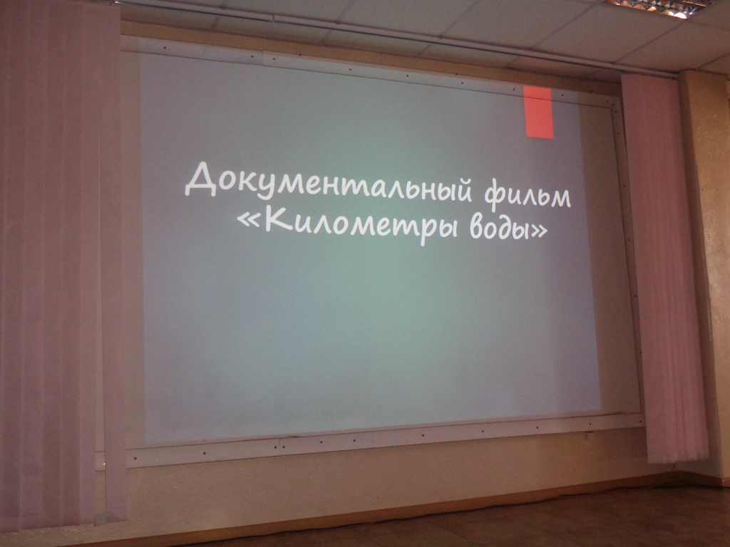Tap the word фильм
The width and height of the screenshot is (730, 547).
tap(528, 195)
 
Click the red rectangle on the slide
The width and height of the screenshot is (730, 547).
tap(539, 112)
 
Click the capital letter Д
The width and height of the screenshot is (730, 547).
tap(202, 179)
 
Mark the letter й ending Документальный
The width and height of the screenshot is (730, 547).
tap(463, 189)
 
